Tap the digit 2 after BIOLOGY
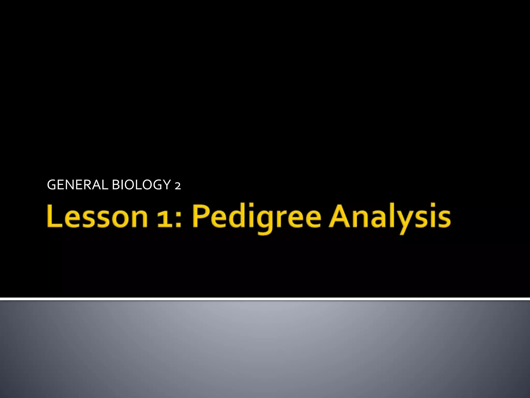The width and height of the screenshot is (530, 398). [x=178, y=186]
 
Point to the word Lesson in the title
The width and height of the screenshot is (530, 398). [x=97, y=216]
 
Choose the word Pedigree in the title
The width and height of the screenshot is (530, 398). [x=256, y=218]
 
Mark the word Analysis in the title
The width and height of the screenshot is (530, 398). [x=389, y=218]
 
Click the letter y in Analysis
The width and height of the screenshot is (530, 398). [x=410, y=222]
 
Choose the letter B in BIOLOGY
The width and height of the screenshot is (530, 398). [x=116, y=185]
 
